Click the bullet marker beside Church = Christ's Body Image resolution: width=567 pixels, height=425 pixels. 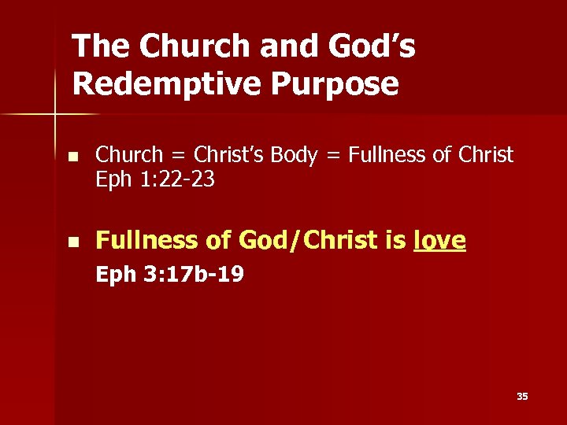click(72, 156)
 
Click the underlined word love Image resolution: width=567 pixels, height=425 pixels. click(439, 241)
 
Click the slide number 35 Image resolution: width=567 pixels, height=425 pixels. click(522, 397)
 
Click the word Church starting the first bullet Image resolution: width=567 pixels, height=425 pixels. click(128, 155)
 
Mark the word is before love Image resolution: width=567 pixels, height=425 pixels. click(396, 241)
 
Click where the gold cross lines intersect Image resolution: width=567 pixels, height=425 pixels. click(55, 115)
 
